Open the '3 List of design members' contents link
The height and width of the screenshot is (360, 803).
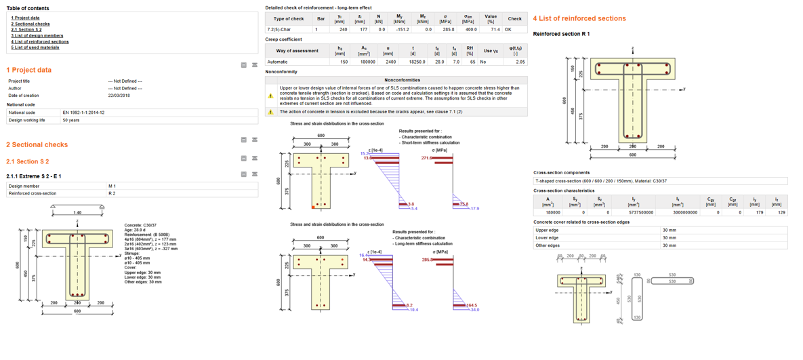(37, 36)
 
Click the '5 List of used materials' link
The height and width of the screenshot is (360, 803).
(35, 47)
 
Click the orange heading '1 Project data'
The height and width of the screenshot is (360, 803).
(28, 70)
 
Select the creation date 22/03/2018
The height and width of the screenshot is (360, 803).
(119, 96)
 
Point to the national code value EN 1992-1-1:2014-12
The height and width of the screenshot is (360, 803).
(83, 113)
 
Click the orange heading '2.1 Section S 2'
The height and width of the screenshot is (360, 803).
(27, 161)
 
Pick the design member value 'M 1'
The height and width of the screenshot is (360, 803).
(112, 186)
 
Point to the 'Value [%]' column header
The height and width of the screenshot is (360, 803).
(491, 19)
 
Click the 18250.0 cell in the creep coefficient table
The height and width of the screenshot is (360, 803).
(413, 62)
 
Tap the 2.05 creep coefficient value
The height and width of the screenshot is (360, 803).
(520, 62)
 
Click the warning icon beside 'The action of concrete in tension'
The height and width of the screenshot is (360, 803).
(271, 112)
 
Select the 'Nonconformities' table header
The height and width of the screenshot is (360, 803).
(402, 80)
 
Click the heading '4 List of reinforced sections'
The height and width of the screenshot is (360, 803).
(579, 18)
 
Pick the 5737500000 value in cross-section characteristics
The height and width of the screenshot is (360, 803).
(633, 212)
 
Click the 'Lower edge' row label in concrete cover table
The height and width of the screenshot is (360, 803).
(547, 238)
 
